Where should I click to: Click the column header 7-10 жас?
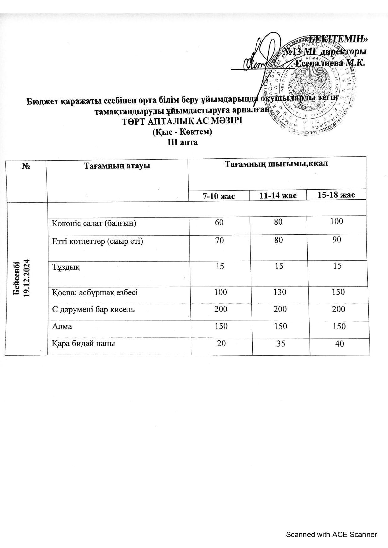219,196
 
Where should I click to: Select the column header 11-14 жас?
278,196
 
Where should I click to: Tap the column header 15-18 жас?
336,195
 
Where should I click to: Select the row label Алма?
62,326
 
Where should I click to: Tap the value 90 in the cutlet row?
337,240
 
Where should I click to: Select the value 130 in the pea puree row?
280,292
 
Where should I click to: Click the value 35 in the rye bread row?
280,344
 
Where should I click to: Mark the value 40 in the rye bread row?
339,344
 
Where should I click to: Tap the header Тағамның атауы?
117,166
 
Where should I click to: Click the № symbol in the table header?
26,166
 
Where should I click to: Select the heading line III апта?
183,142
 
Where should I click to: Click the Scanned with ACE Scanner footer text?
331,535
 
